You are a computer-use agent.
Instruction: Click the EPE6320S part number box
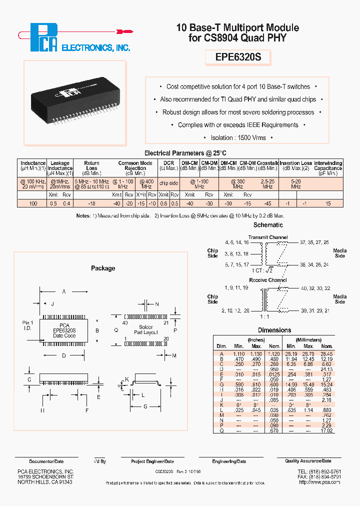click(238, 57)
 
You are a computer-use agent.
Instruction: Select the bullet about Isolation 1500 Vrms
click(238, 137)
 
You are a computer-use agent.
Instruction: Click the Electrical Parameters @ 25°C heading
click(185, 153)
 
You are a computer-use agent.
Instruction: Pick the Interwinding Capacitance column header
click(328, 166)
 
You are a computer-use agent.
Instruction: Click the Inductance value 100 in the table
click(33, 203)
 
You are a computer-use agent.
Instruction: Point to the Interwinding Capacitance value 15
click(328, 203)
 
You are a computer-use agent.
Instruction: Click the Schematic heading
click(268, 225)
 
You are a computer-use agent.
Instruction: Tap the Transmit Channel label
click(268, 237)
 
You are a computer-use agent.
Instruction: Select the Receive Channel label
click(268, 280)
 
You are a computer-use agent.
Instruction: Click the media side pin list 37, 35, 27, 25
click(314, 242)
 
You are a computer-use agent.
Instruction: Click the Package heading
click(103, 268)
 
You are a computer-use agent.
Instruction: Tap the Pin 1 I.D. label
click(27, 325)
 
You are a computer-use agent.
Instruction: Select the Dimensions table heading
click(274, 330)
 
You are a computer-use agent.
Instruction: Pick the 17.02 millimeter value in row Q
click(326, 430)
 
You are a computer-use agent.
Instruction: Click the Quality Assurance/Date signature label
click(308, 461)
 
